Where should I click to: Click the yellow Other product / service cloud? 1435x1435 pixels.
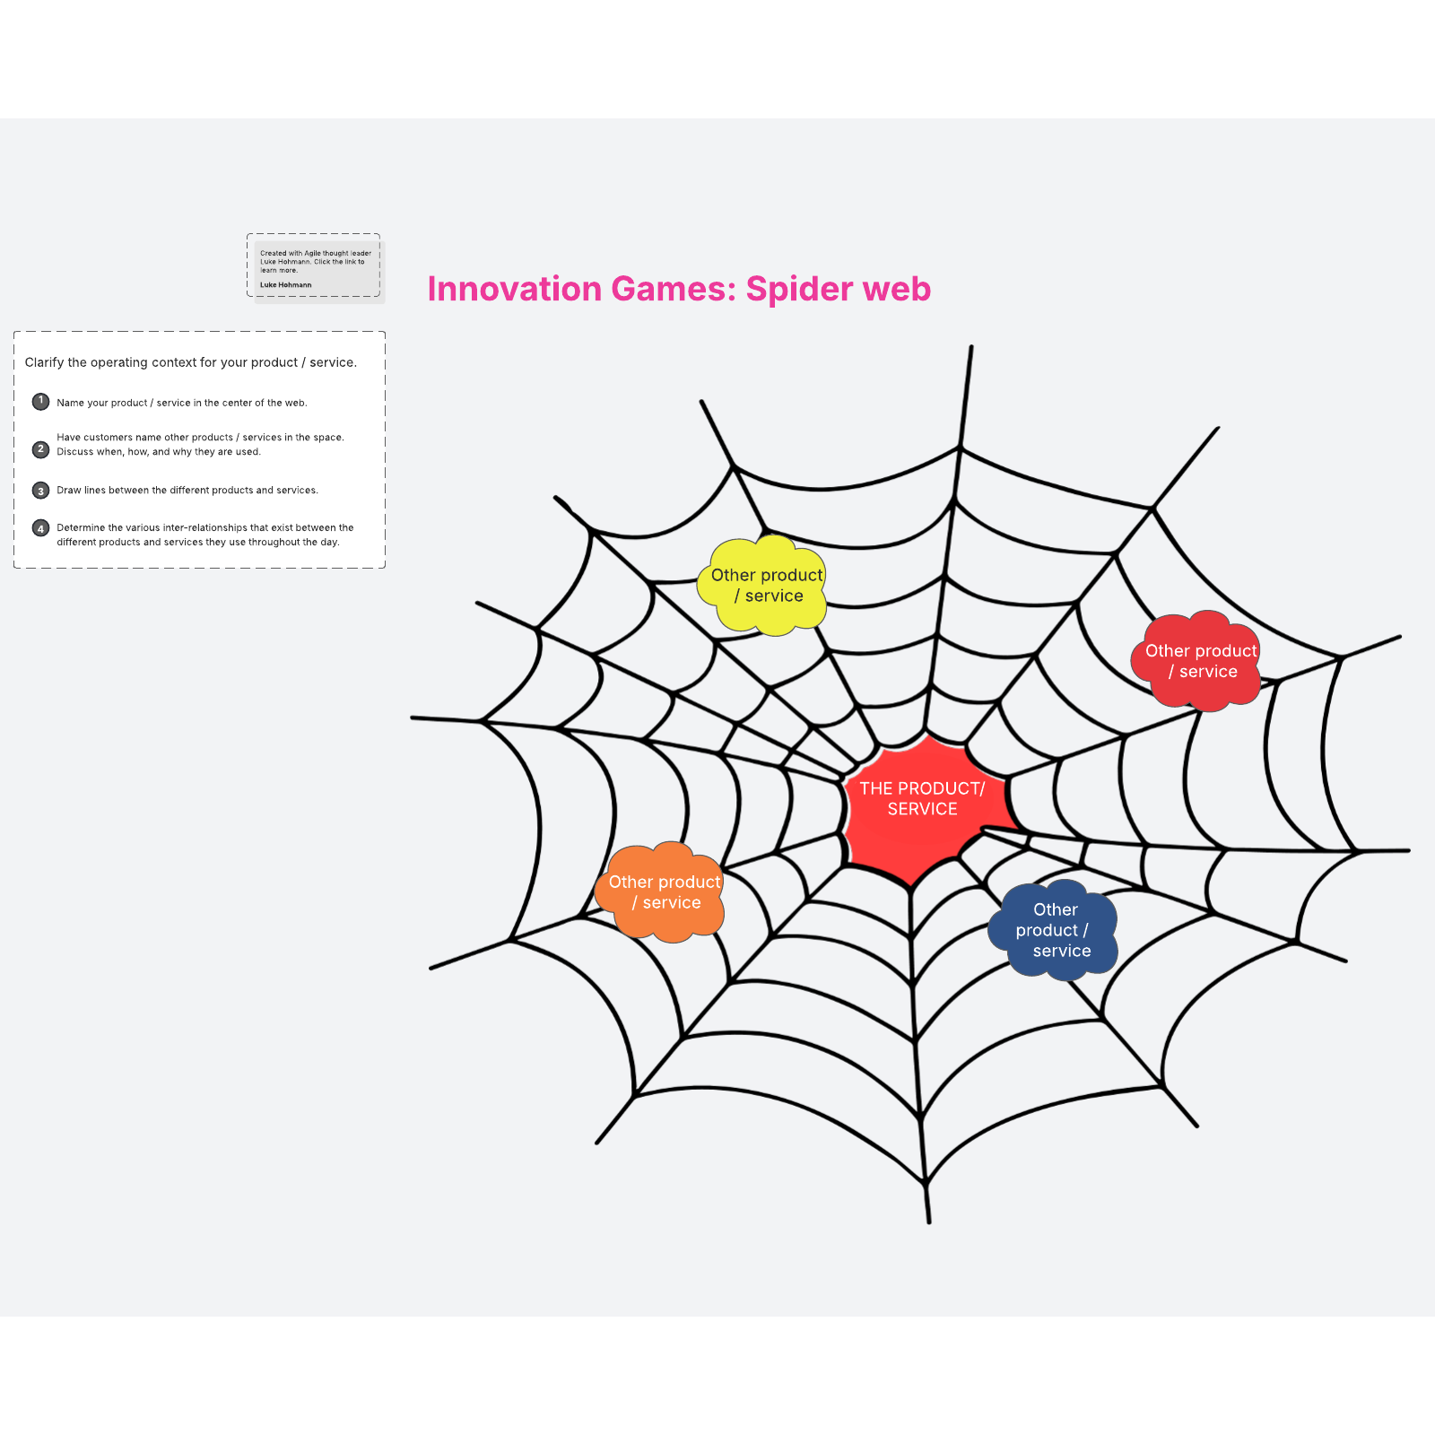tap(761, 586)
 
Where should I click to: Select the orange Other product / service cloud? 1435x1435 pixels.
tap(659, 892)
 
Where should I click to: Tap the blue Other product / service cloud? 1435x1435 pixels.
tap(1053, 930)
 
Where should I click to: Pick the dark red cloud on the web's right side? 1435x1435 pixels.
tap(1196, 661)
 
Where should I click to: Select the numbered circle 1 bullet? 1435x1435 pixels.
tap(40, 401)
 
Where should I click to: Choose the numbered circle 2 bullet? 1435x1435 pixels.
tap(40, 449)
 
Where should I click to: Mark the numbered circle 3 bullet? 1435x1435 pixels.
tap(40, 491)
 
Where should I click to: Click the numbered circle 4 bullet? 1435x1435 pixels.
tap(40, 528)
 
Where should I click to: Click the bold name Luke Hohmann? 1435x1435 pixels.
tap(286, 285)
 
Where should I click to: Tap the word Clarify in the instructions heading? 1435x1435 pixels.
tap(44, 362)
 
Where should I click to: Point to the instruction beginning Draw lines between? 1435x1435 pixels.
tap(187, 491)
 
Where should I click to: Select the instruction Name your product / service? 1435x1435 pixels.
tap(182, 403)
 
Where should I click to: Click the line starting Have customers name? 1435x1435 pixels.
tap(200, 438)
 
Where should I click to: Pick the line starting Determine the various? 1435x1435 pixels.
tap(205, 527)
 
